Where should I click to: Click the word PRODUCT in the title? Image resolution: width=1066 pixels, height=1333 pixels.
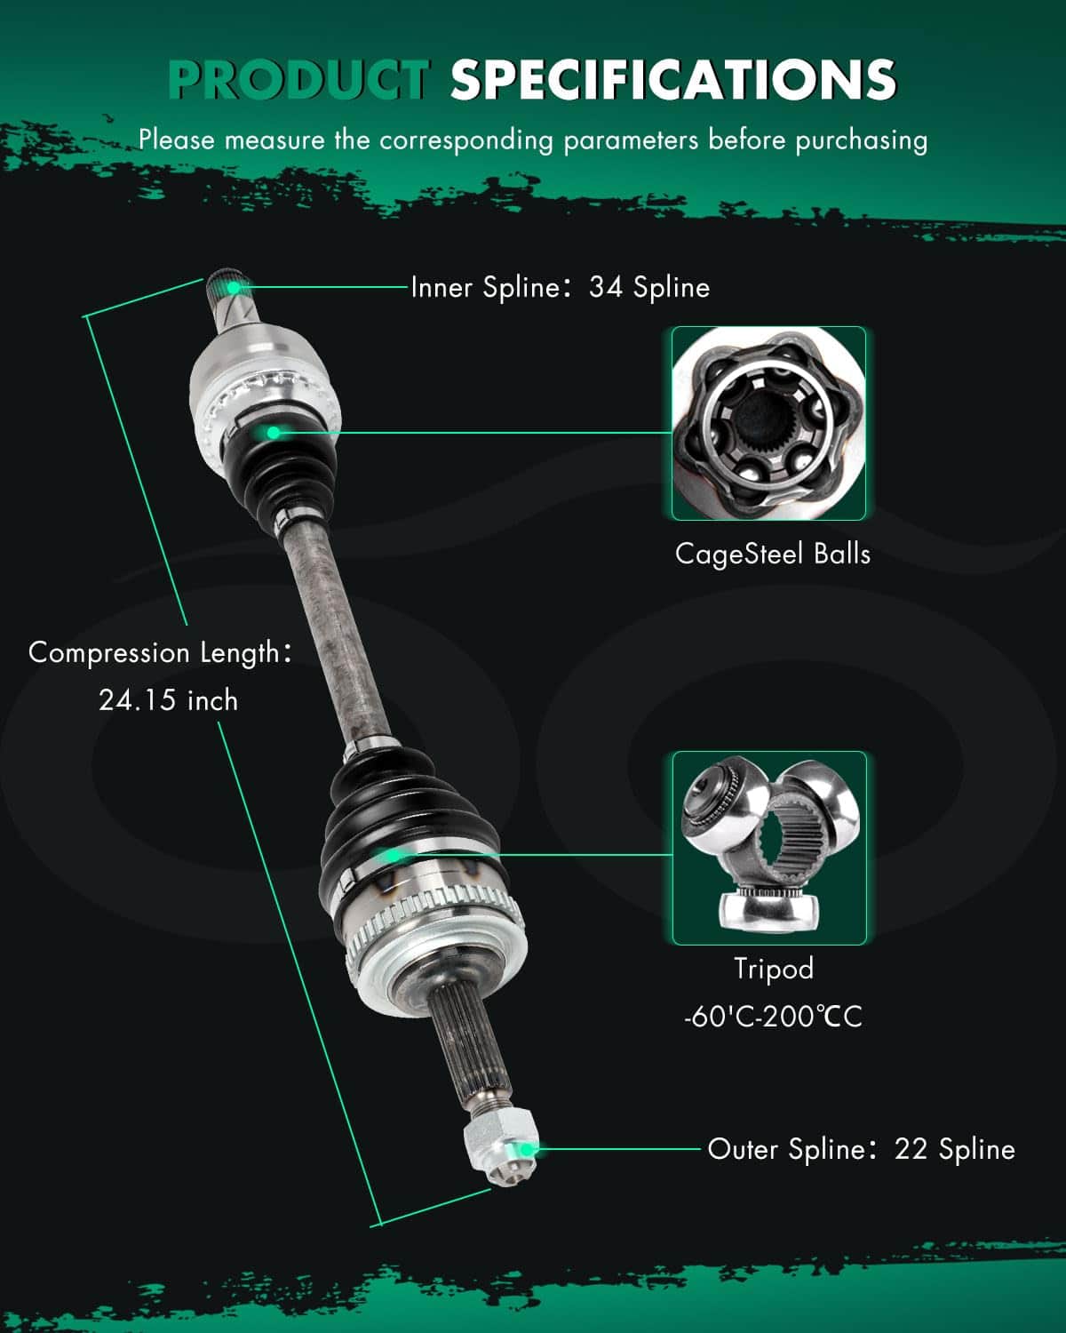tap(298, 79)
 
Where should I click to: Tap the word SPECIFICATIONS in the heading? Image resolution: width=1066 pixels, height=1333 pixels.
tap(673, 79)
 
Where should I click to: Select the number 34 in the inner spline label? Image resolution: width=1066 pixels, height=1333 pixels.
tap(606, 287)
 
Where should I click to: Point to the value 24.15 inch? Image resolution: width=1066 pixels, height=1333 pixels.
tap(169, 700)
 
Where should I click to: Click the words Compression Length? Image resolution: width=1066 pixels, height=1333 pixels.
tap(154, 653)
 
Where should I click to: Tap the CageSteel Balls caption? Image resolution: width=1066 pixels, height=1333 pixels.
tap(772, 554)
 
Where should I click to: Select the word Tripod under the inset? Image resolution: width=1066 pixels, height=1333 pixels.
tap(774, 969)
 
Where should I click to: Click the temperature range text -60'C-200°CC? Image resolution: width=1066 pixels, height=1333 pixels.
tap(773, 1018)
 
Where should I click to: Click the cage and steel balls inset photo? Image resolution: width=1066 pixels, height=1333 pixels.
tap(768, 423)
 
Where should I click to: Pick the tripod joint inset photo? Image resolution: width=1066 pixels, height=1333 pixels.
tap(769, 848)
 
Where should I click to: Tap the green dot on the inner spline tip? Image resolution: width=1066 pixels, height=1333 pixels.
tap(233, 287)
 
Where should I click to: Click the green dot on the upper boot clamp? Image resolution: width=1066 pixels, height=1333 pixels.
tap(273, 433)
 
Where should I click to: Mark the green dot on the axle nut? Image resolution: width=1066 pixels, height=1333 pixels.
tap(526, 1150)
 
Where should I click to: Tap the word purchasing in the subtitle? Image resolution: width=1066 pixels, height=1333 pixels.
tap(862, 140)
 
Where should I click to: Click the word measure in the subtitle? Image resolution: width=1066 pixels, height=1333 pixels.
tap(274, 140)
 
